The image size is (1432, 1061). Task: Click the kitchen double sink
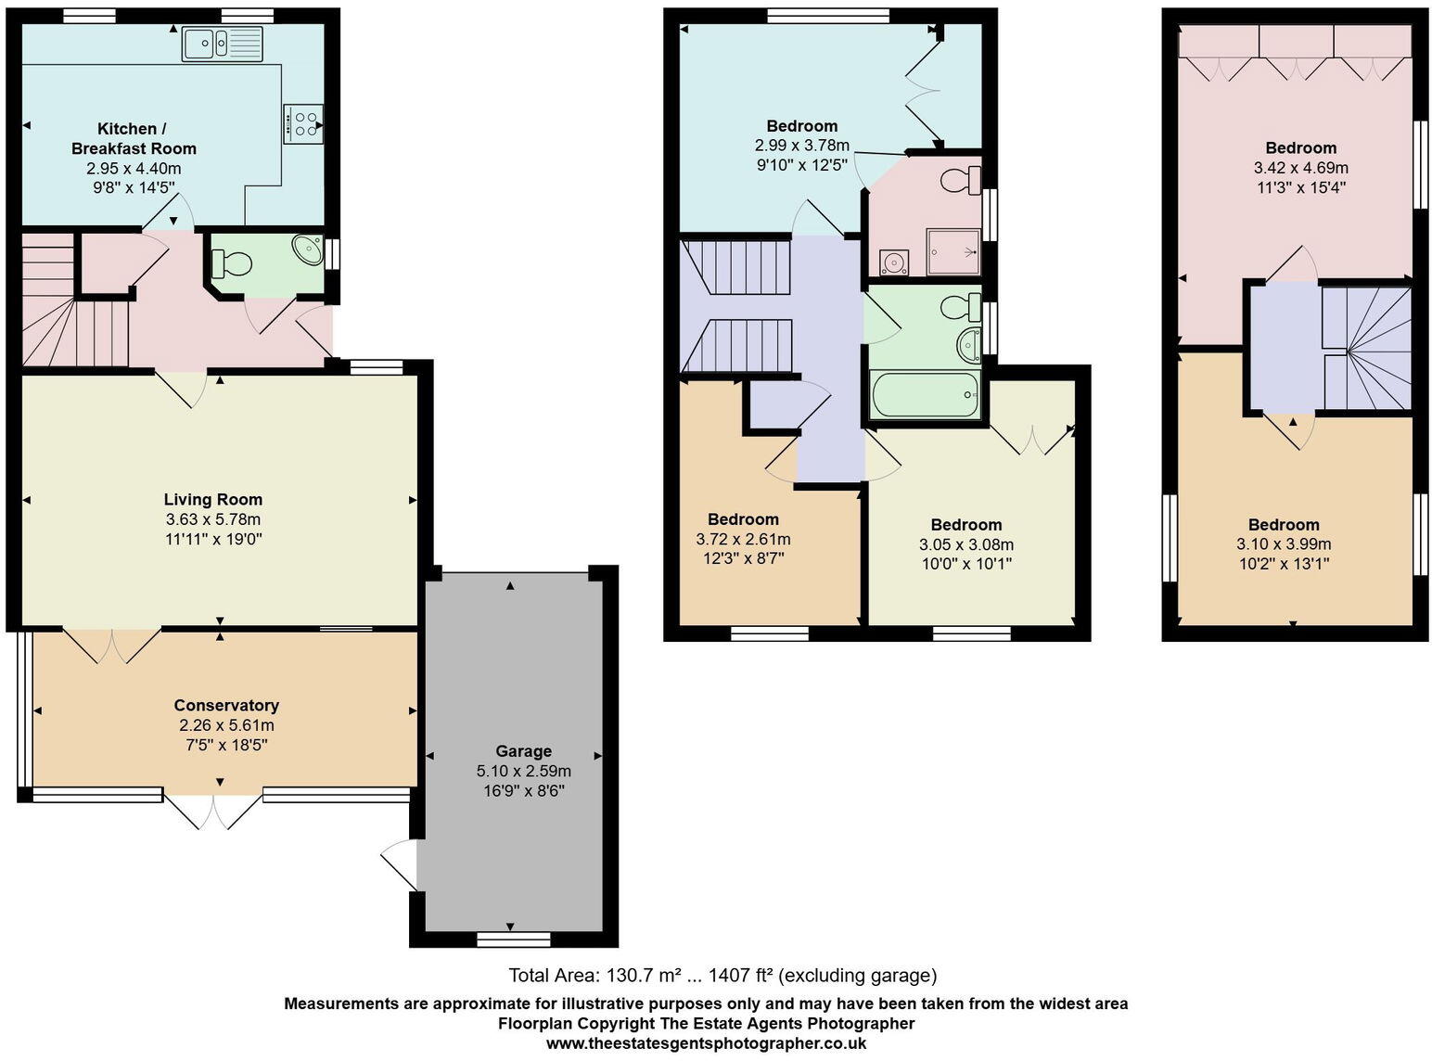224,44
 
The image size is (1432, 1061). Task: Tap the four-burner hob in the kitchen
303,123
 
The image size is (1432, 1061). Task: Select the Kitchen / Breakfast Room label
134,138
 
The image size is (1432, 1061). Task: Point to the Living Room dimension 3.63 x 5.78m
212,519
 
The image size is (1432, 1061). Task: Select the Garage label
523,751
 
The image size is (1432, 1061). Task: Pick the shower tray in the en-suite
953,251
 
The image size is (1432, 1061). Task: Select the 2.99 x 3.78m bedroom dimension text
801,146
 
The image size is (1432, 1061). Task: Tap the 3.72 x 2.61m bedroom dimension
743,539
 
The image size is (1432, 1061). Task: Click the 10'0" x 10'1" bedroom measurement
965,563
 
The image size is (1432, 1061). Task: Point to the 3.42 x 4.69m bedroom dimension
1300,168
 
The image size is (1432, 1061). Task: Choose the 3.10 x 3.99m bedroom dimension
1283,544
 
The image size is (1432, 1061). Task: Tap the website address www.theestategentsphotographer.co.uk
706,1043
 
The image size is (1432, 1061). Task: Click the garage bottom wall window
513,940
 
